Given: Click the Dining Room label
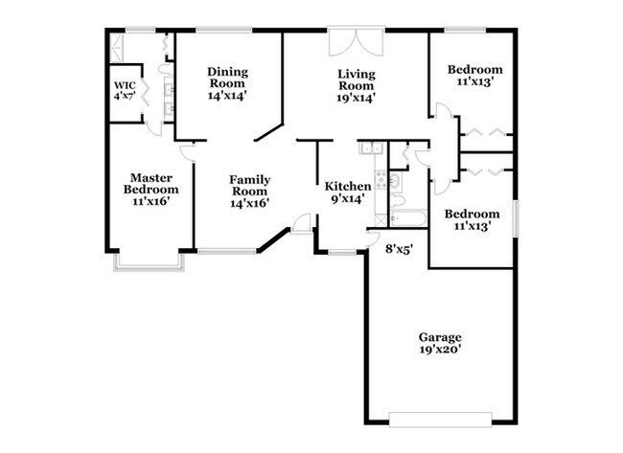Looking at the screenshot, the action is (x=228, y=78).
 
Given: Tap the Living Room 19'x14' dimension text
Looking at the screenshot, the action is (x=356, y=98).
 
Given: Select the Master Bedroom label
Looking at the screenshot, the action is (x=151, y=184).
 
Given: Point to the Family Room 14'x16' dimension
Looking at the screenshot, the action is (x=250, y=203).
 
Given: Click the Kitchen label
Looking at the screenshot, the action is (x=348, y=186).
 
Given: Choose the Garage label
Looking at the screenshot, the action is (x=440, y=337).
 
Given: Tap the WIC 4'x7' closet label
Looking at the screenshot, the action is (x=125, y=91).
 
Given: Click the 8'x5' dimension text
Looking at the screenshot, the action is (x=400, y=249).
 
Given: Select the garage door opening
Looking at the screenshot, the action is (x=440, y=419).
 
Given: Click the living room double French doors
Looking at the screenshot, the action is (x=357, y=41).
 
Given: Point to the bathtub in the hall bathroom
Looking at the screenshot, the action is (x=408, y=218).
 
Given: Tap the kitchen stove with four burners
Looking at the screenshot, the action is (x=381, y=179).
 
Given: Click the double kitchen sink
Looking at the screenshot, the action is (x=370, y=147).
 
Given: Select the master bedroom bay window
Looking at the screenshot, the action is (x=150, y=262).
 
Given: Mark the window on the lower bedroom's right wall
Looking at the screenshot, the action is (x=516, y=218).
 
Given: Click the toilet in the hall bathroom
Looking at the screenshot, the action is (x=397, y=200).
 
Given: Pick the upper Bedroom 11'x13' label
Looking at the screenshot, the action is (x=475, y=76).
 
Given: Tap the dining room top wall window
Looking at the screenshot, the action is (x=224, y=30).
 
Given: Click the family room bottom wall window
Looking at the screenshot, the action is (x=228, y=251).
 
